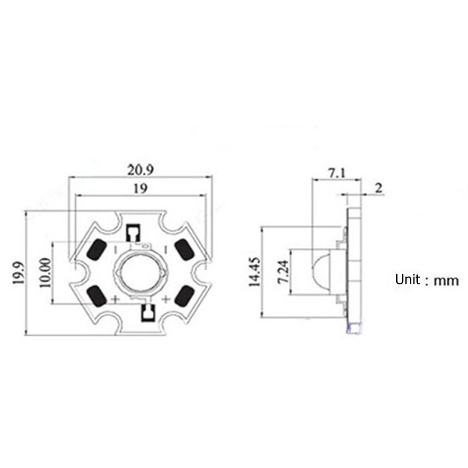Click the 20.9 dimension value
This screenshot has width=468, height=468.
141,170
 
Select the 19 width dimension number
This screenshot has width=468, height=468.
140,189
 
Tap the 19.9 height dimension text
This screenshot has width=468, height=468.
19,273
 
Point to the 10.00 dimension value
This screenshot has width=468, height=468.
45,272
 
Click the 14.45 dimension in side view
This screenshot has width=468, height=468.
255,271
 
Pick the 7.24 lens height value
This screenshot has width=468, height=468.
283,271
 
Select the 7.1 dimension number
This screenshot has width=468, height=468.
337,173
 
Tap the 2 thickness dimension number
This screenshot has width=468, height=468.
378,188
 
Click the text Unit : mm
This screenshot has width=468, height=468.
426,280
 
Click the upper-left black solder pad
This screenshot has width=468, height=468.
97,250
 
